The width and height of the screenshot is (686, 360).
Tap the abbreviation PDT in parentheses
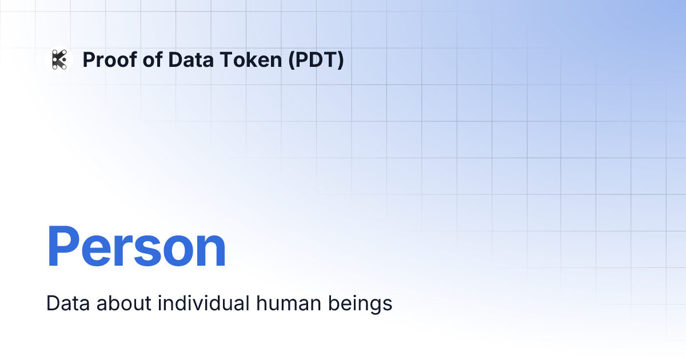(317, 59)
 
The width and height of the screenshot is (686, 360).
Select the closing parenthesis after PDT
(341, 60)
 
